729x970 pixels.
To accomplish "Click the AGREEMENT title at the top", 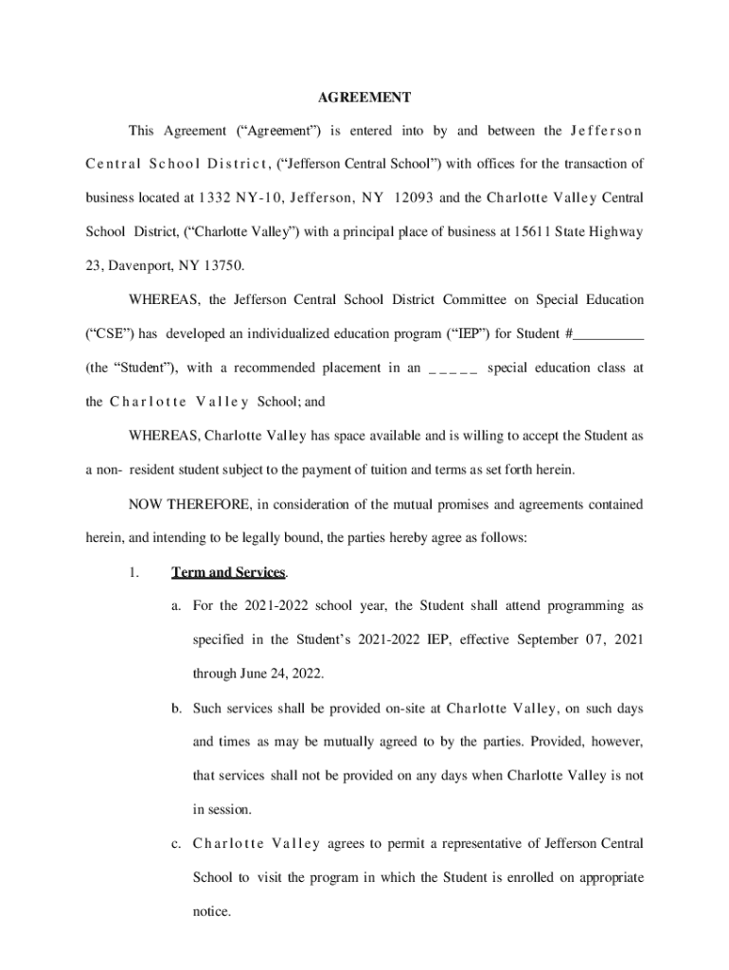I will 364,97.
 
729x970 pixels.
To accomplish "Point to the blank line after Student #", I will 609,334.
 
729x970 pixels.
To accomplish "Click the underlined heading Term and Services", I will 228,572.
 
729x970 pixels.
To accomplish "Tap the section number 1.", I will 134,572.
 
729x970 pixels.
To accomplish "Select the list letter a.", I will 176,605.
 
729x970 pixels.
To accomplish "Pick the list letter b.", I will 176,708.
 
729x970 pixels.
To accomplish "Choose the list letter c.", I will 176,843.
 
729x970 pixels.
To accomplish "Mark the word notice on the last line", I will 211,911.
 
